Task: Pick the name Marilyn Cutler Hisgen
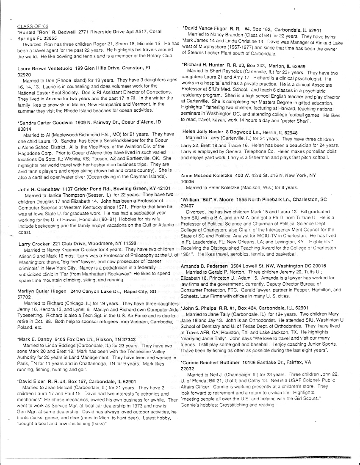point(44,292)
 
